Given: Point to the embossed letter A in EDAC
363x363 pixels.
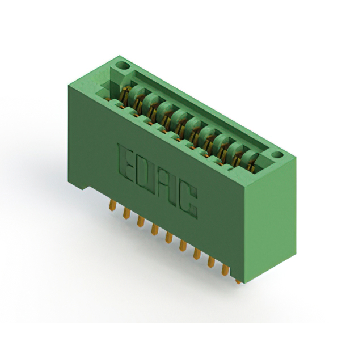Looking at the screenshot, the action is coord(167,187).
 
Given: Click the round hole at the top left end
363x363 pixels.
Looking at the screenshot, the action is coord(123,66).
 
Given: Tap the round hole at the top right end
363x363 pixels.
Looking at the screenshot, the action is coord(277,155).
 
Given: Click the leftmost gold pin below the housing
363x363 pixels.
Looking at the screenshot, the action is coord(112,205).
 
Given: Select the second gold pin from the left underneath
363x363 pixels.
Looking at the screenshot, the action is coord(126,213).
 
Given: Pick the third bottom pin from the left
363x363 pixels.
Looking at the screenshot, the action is coord(141,221).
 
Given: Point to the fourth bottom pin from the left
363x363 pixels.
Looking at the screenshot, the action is coord(155,229).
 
